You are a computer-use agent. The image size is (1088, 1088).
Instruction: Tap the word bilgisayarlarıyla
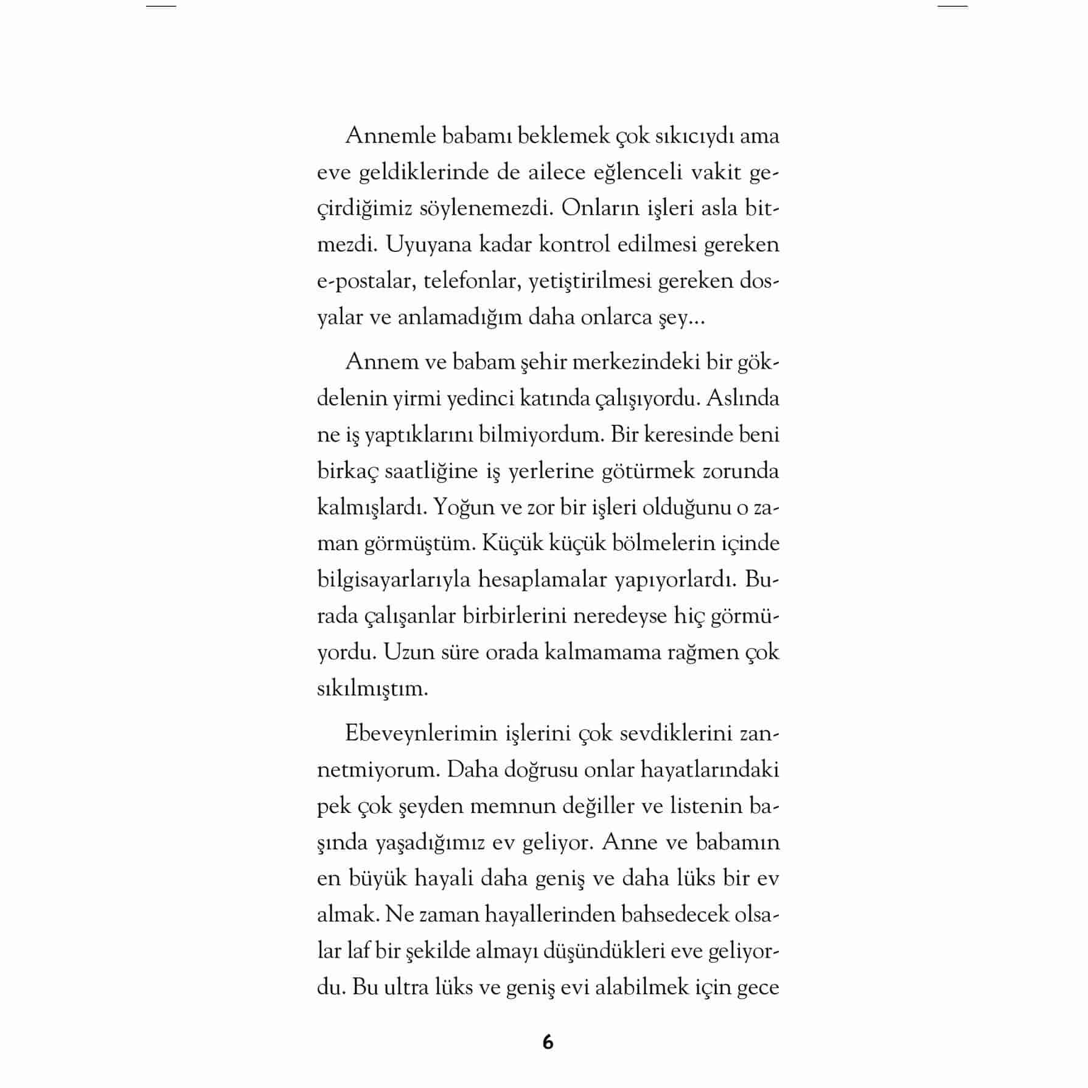click(x=394, y=579)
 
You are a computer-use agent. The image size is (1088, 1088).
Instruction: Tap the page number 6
click(x=548, y=1042)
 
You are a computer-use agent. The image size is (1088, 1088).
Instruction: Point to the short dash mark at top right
click(x=952, y=6)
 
